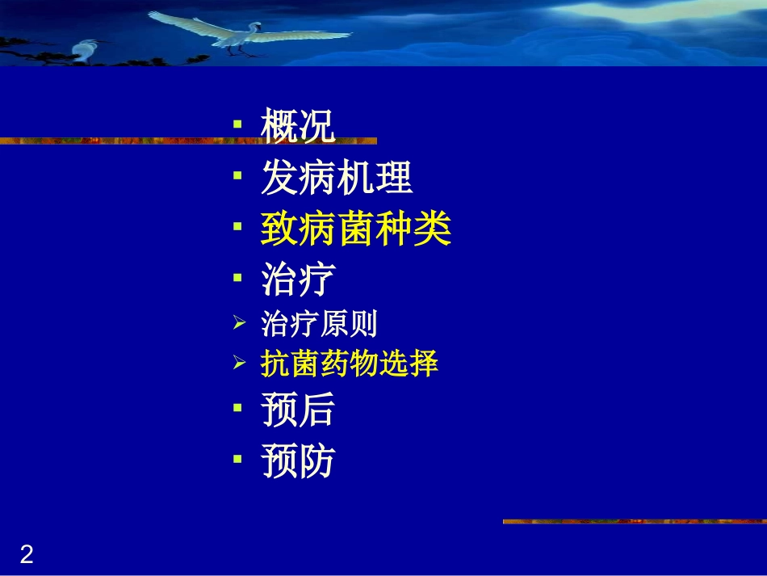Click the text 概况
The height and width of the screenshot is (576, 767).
pyautogui.click(x=297, y=128)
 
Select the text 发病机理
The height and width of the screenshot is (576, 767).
pyautogui.click(x=337, y=179)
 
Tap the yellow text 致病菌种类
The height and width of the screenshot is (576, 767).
pyautogui.click(x=355, y=230)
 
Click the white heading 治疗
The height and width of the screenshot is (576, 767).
pyautogui.click(x=297, y=280)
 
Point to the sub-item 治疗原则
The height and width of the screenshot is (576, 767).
pyautogui.click(x=319, y=325)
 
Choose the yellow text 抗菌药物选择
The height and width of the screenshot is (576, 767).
pyautogui.click(x=349, y=364)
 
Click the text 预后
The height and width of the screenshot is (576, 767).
pyautogui.click(x=297, y=411)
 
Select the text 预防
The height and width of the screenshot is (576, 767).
pyautogui.click(x=297, y=463)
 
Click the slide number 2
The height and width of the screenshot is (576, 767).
pyautogui.click(x=27, y=555)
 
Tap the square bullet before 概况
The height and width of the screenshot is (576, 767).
pyautogui.click(x=237, y=125)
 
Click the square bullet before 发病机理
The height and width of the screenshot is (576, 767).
pyautogui.click(x=237, y=175)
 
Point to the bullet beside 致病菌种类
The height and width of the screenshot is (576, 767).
pyautogui.click(x=237, y=227)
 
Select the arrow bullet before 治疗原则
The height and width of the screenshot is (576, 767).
pyautogui.click(x=238, y=325)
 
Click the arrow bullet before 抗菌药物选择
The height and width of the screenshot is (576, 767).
pyautogui.click(x=238, y=364)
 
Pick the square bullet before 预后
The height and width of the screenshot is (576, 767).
pyautogui.click(x=237, y=408)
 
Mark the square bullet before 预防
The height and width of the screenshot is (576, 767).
pyautogui.click(x=237, y=459)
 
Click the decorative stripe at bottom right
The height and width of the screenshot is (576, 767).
pyautogui.click(x=634, y=522)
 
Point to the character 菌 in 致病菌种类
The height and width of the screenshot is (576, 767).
pyautogui.click(x=355, y=230)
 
